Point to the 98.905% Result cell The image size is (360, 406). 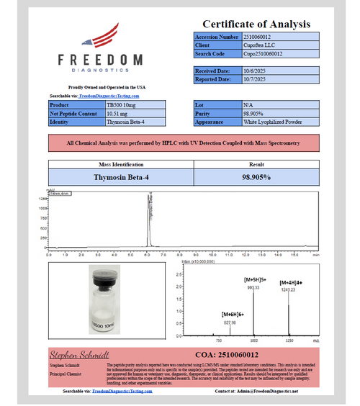click(256, 176)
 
